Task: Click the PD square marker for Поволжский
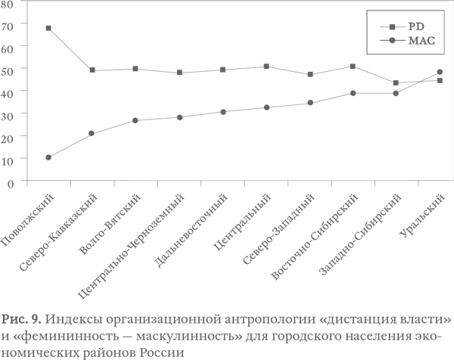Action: pyautogui.click(x=48, y=28)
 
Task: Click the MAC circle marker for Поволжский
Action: pyautogui.click(x=48, y=157)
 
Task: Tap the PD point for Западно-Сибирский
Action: pyautogui.click(x=396, y=82)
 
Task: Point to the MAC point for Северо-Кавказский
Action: pyautogui.click(x=92, y=133)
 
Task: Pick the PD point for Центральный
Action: pyautogui.click(x=266, y=66)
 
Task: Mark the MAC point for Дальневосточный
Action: pyautogui.click(x=222, y=112)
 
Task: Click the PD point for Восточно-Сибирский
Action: pyautogui.click(x=353, y=66)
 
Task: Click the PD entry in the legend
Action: pyautogui.click(x=415, y=24)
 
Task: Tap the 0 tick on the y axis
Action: pyautogui.click(x=11, y=182)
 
